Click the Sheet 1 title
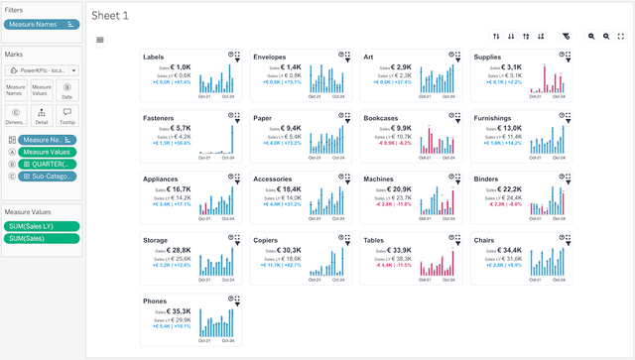point(109,16)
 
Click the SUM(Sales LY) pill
point(41,226)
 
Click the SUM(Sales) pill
point(41,239)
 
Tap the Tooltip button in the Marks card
point(67,116)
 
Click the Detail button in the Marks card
point(42,116)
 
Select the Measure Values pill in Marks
point(48,152)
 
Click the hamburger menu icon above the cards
point(100,40)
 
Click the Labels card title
point(154,58)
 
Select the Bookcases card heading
point(382,118)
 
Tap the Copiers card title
point(266,239)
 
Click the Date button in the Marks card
point(67,90)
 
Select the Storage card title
point(156,239)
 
